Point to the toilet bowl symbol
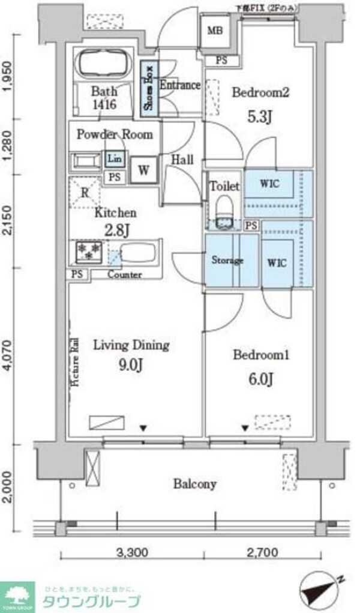pos(224,207)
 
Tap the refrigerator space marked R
pos(85,193)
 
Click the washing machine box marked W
pos(144,169)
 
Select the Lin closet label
pos(113,159)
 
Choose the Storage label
pos(227,261)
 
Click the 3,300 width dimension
pos(131,551)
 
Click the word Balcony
pos(195,483)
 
